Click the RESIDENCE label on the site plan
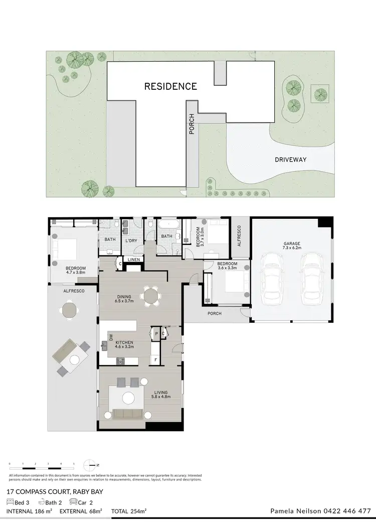point(170,86)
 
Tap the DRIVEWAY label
point(291,160)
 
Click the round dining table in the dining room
point(150,296)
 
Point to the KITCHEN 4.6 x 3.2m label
point(124,344)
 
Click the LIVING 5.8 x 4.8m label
point(161,394)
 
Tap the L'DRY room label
point(131,240)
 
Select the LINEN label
point(133,259)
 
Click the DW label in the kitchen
point(111,337)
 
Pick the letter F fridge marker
point(156,360)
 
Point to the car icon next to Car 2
point(73,501)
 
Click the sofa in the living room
point(128,414)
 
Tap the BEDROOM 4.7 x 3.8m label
point(75,271)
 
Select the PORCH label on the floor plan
point(214,314)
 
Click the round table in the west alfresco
point(69,310)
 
